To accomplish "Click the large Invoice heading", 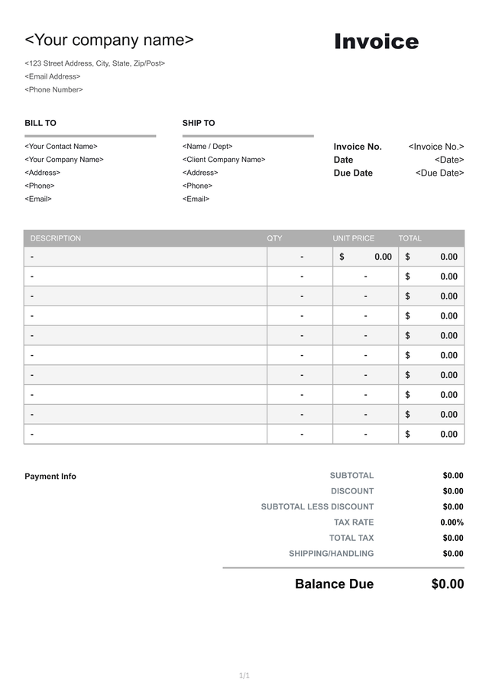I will tap(376, 42).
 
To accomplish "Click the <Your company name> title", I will tap(109, 40).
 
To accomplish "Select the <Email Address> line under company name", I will tap(53, 76).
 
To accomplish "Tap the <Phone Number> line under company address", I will tap(53, 89).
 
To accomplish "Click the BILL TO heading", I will tap(40, 123).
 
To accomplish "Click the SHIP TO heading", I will tap(199, 123).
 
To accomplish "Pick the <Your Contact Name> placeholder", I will tap(61, 146).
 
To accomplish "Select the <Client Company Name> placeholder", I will tap(224, 160).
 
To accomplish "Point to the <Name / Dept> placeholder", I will tap(207, 146).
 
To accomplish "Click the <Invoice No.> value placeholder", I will tap(436, 147).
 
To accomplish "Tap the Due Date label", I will tap(353, 173).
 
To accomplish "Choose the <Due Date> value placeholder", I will tap(439, 173).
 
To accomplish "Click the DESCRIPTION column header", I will tap(56, 238).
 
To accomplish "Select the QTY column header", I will tap(274, 238).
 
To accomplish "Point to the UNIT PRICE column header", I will tap(354, 238).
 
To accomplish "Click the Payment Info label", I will tap(50, 477).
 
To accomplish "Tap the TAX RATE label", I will tap(354, 522).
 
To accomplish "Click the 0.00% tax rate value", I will tap(452, 522).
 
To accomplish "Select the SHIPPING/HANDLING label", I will tap(332, 554).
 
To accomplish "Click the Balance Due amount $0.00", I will tap(447, 584).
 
